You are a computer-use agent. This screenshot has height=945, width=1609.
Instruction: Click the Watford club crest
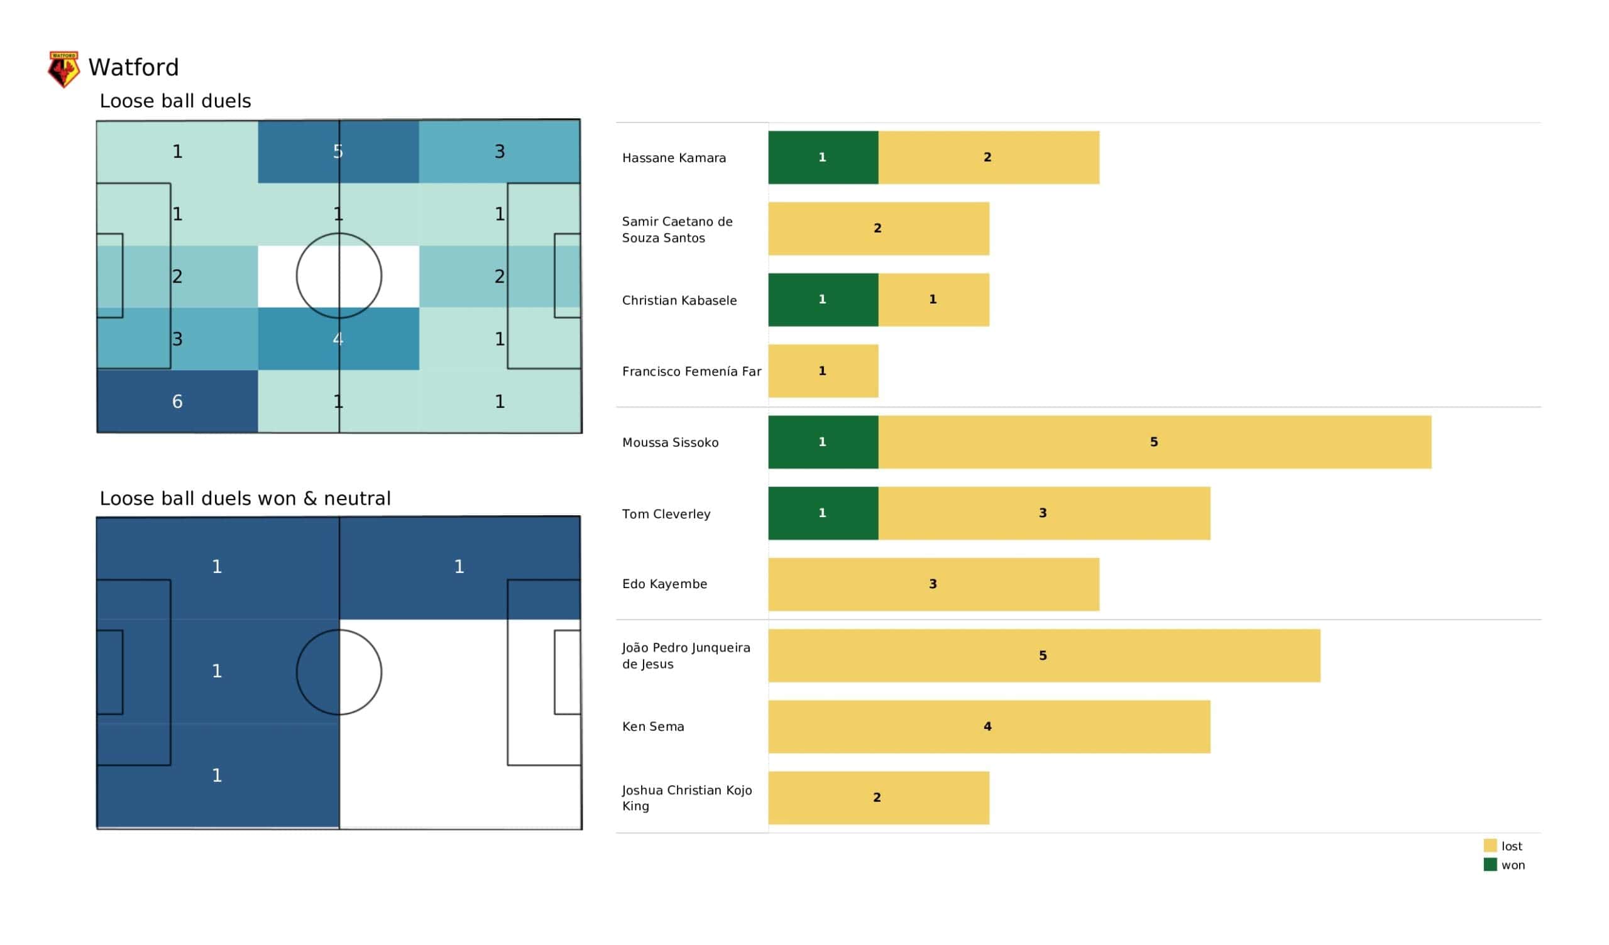click(x=64, y=69)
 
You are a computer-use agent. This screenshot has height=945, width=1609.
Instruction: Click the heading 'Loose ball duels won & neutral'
click(x=245, y=499)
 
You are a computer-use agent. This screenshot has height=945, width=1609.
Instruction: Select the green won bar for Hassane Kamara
click(x=823, y=158)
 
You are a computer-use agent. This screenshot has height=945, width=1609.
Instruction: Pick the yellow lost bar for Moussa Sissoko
click(x=1155, y=442)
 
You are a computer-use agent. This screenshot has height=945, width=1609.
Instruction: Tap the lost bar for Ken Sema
click(x=989, y=726)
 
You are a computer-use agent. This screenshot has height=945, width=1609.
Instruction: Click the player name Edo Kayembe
click(x=665, y=584)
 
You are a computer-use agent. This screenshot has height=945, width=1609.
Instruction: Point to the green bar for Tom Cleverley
click(x=823, y=513)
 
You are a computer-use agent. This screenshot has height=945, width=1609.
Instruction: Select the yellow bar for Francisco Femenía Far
click(x=823, y=371)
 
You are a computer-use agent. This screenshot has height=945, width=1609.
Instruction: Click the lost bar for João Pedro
click(x=1044, y=656)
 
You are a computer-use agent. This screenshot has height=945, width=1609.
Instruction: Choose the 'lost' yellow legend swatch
click(x=1490, y=846)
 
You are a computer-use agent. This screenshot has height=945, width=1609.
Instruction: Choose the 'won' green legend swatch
click(x=1490, y=865)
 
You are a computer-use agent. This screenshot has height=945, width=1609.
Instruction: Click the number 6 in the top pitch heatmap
click(x=177, y=401)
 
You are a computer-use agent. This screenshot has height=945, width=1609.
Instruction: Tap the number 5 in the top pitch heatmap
click(x=338, y=152)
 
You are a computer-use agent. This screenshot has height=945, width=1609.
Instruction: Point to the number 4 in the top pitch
click(x=338, y=339)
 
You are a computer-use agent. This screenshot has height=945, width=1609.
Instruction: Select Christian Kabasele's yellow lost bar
click(x=933, y=300)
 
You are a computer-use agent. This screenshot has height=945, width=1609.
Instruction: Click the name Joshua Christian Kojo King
click(x=687, y=798)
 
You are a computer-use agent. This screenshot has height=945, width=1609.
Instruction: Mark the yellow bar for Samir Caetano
click(x=879, y=229)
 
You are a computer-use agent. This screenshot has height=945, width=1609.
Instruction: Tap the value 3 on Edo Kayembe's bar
click(x=933, y=584)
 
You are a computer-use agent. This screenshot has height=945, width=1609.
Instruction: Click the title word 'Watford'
click(x=133, y=68)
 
